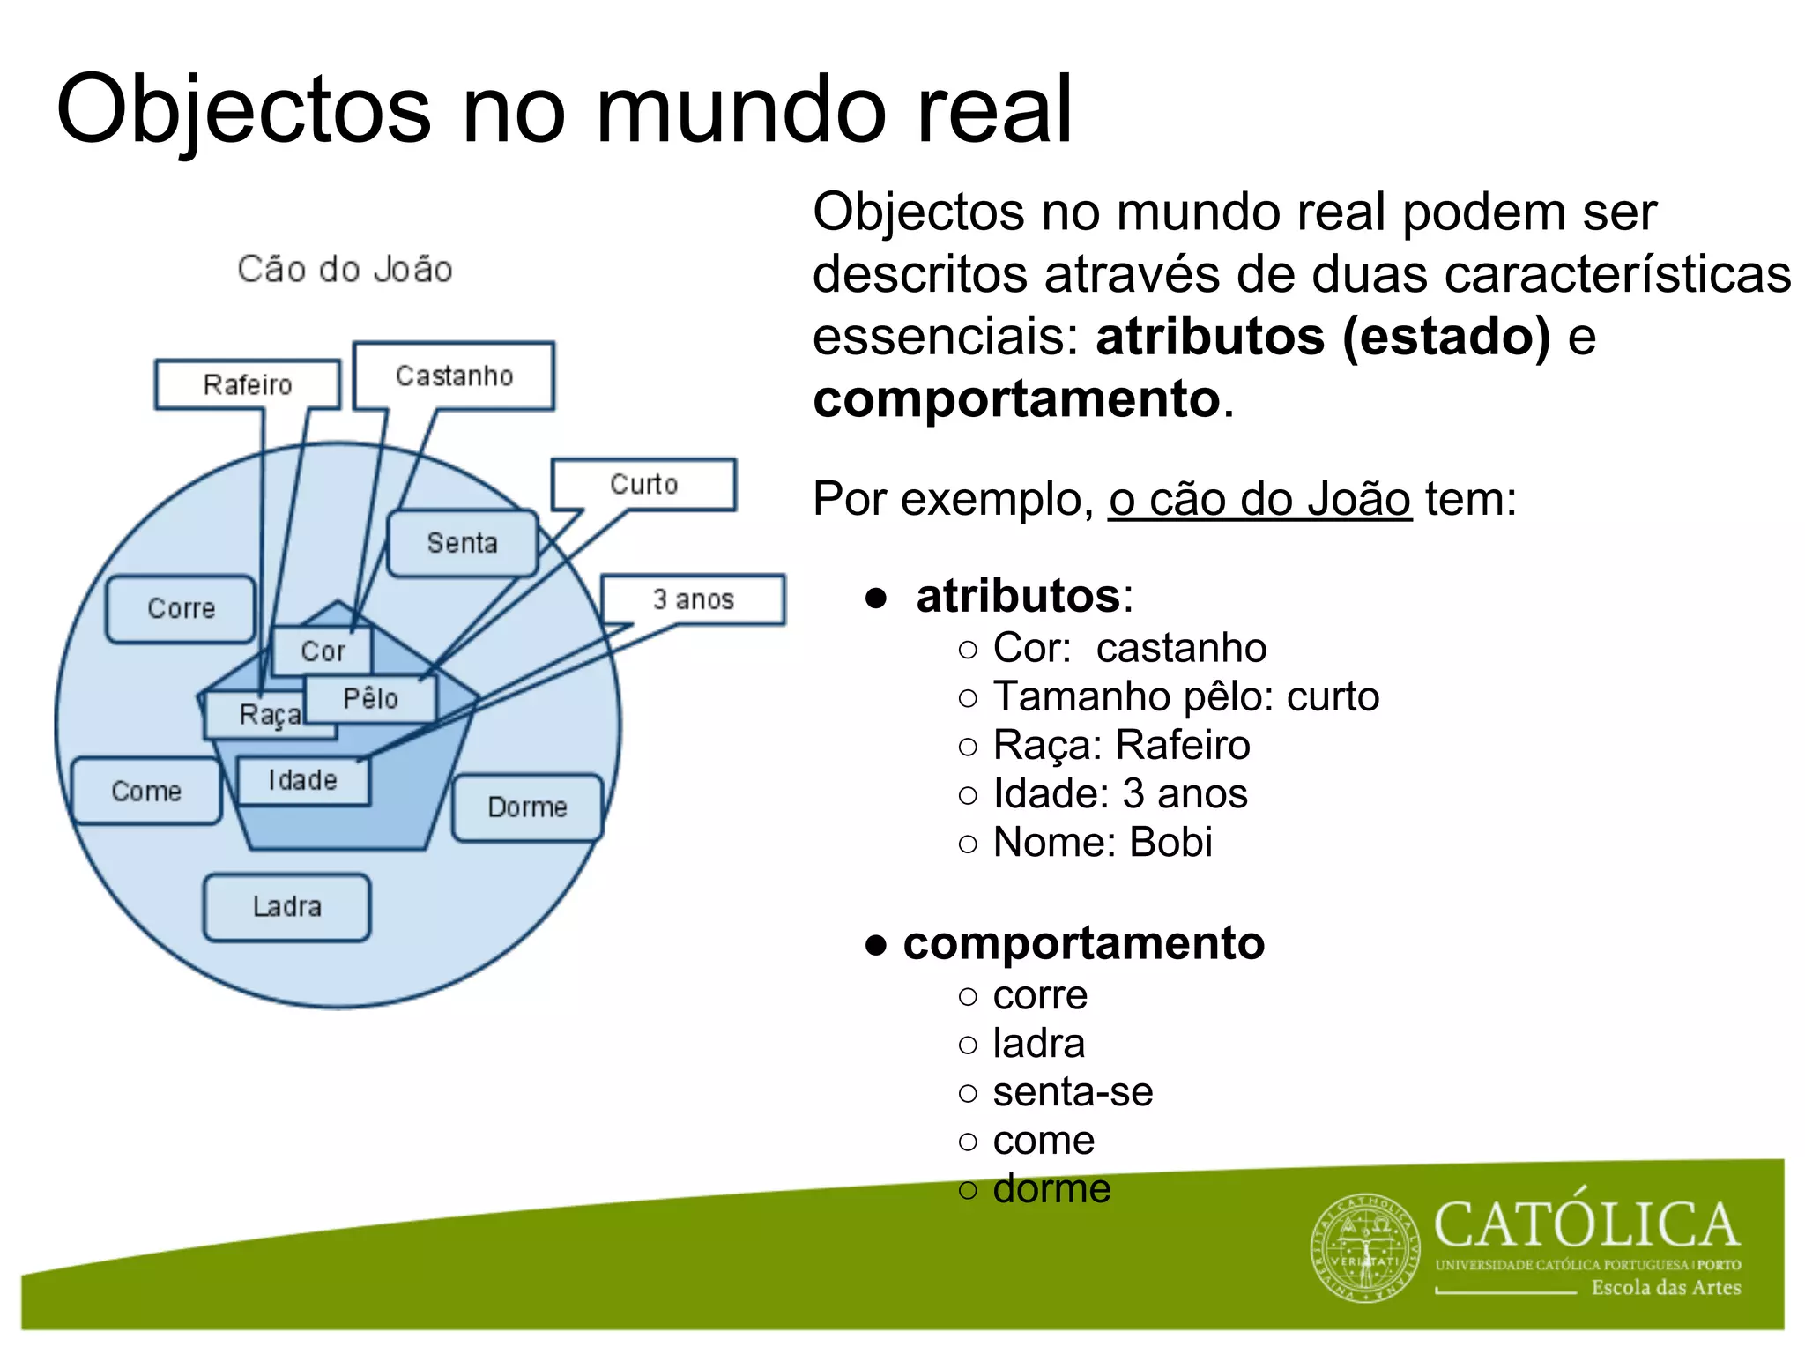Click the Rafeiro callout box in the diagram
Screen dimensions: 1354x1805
(248, 384)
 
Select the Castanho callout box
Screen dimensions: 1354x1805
(454, 376)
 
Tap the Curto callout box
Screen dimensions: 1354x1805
(644, 484)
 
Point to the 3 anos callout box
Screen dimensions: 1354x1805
(694, 599)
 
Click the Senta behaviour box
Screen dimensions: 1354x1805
(463, 543)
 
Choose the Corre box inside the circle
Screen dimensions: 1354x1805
(181, 608)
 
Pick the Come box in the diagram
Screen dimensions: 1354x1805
(146, 791)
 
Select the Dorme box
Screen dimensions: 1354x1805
(527, 807)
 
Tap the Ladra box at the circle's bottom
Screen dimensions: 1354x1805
(286, 906)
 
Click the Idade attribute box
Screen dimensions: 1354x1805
(303, 780)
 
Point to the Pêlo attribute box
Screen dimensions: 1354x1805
(371, 699)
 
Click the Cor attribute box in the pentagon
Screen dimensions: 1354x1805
(323, 651)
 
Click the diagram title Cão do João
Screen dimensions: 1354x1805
(345, 269)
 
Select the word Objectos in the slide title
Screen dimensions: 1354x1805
(243, 110)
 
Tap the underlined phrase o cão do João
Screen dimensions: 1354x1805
(1259, 499)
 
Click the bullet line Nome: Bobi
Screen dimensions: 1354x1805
(1103, 842)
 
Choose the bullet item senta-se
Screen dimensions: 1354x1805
(1073, 1091)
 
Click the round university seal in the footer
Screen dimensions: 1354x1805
(1366, 1247)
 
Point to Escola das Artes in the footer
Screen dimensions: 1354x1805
(1666, 1288)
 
